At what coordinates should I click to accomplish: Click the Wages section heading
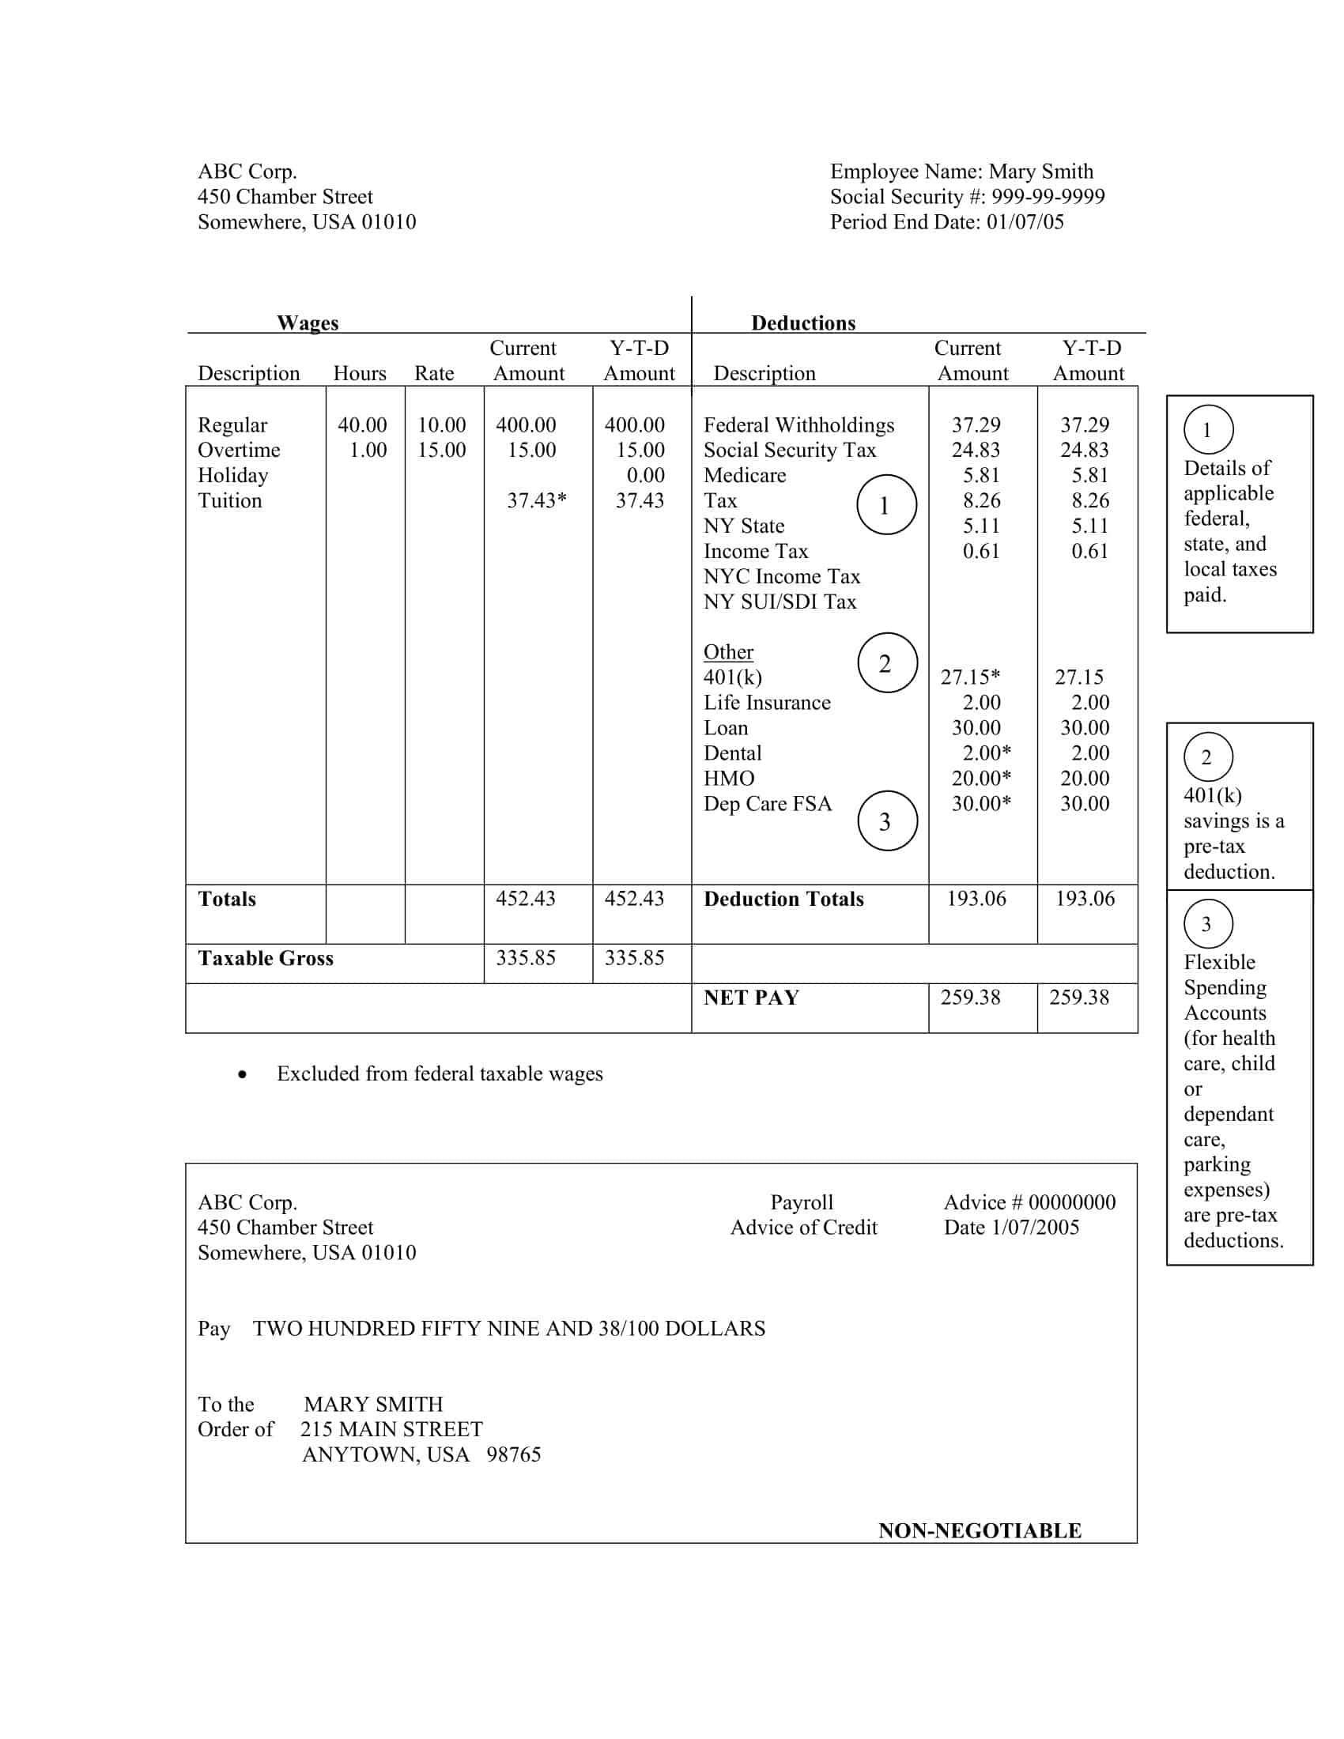[x=308, y=323]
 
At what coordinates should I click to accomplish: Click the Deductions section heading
[x=802, y=323]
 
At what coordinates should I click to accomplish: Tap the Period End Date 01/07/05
[x=1025, y=222]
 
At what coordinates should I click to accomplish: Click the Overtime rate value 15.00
[x=441, y=450]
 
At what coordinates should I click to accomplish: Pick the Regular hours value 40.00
[x=362, y=425]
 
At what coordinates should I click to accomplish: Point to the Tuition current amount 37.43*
[x=537, y=501]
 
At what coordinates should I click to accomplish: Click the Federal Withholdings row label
[x=798, y=425]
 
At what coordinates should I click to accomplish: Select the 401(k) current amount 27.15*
[x=970, y=677]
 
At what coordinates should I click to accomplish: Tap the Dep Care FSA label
[x=767, y=804]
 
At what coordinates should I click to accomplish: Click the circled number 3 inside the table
[x=886, y=822]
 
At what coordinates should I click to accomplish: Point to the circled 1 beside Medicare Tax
[x=885, y=506]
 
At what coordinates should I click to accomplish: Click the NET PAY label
[x=751, y=998]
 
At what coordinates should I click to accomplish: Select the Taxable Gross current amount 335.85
[x=526, y=958]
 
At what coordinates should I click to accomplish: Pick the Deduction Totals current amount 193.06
[x=976, y=899]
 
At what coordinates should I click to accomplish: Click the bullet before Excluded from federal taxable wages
[x=242, y=1076]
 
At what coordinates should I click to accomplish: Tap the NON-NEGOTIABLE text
[x=980, y=1530]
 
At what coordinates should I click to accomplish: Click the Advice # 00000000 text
[x=1029, y=1202]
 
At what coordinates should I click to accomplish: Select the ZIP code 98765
[x=514, y=1454]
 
